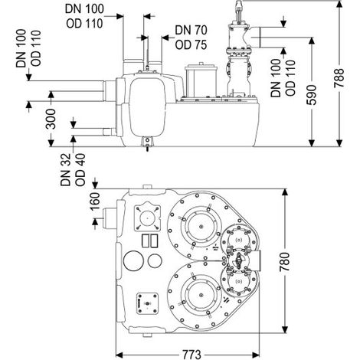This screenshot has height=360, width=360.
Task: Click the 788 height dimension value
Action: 339,77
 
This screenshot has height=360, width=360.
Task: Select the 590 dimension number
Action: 312,95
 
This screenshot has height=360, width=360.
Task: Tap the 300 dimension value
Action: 51,119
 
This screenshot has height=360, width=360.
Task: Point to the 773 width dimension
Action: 191,355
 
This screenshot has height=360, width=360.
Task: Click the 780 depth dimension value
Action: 285,262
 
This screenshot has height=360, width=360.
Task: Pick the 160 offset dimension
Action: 95,201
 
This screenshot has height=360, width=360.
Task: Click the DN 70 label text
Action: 191,30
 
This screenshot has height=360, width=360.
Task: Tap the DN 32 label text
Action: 65,170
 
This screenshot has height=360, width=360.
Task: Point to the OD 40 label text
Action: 80,170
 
